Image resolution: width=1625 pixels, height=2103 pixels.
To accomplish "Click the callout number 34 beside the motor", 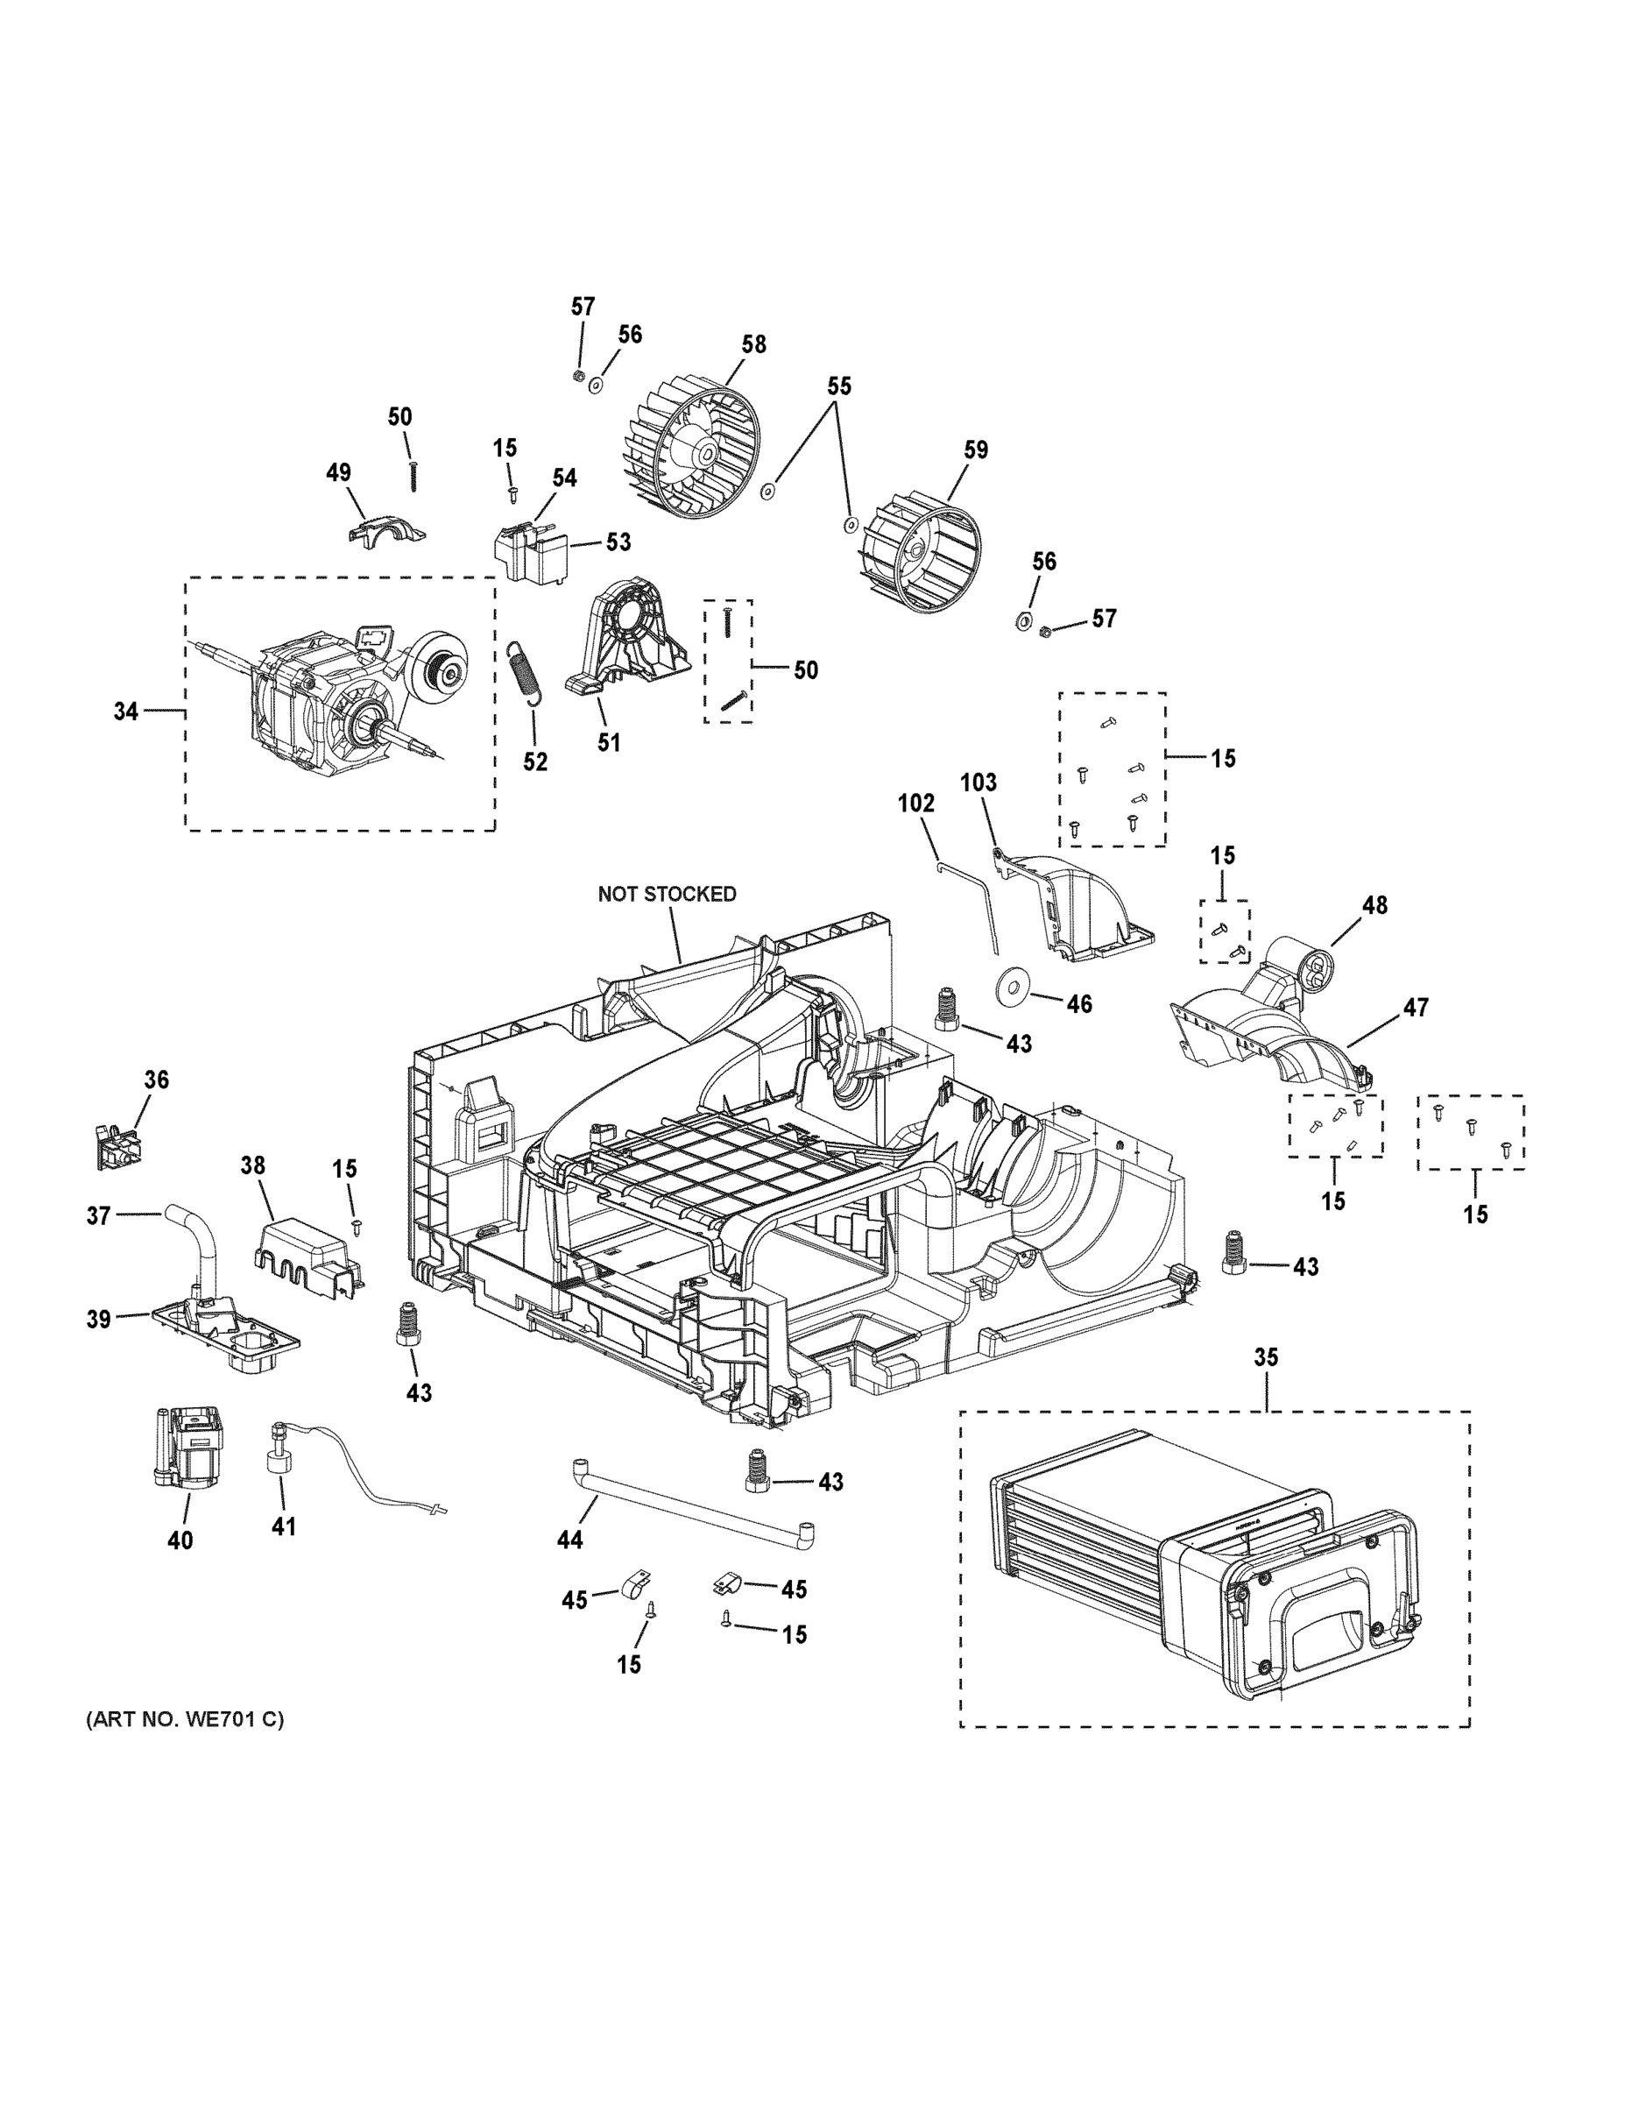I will pos(126,712).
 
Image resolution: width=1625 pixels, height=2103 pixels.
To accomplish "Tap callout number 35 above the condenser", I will pos(1266,1357).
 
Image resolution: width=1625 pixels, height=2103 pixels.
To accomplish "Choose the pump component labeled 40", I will pos(188,1448).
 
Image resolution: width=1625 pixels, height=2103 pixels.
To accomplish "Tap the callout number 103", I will pos(979,782).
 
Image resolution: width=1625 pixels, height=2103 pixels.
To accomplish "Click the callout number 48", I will pos(1374,905).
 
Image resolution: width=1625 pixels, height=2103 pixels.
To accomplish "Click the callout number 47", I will pos(1415,1007).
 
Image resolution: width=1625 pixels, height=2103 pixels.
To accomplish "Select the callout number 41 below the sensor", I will pos(283,1526).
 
